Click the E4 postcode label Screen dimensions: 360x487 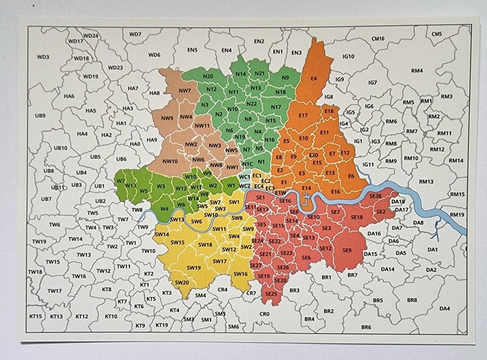click(314, 79)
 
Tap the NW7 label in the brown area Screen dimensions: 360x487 click(185, 91)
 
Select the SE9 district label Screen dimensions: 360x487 click(347, 250)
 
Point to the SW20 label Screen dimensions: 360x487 click(182, 282)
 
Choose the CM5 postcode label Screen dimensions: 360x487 click(437, 34)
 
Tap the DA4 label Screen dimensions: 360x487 click(444, 308)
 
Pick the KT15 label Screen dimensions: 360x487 click(36, 316)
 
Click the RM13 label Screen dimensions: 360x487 click(426, 182)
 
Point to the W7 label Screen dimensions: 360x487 click(121, 181)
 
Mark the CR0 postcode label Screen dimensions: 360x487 click(264, 314)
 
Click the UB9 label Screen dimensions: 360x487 click(40, 116)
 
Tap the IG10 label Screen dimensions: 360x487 click(349, 56)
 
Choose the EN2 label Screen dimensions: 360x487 click(259, 42)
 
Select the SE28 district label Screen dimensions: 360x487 click(375, 196)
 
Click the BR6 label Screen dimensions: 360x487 click(366, 327)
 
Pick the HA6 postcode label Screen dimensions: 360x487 click(69, 96)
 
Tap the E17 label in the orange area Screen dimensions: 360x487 click(303, 116)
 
